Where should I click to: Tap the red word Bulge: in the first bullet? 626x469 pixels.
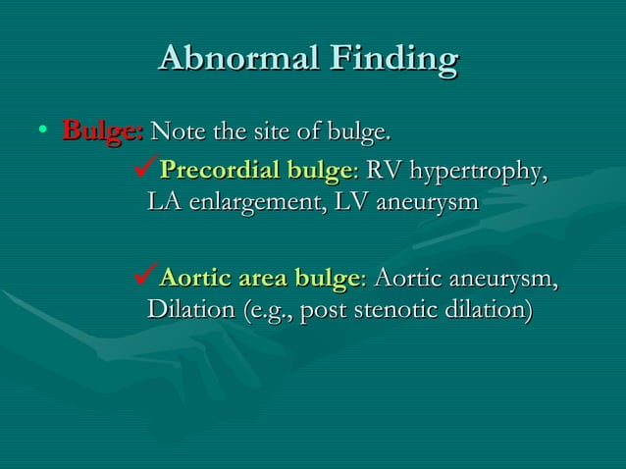point(103,130)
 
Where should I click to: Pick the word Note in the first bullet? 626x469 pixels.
point(173,130)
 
